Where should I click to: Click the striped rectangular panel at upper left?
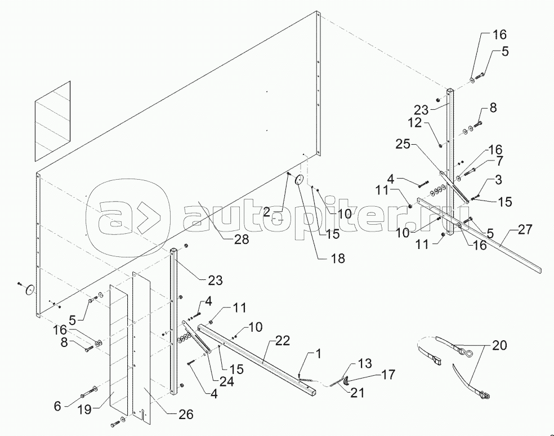[53, 121]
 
